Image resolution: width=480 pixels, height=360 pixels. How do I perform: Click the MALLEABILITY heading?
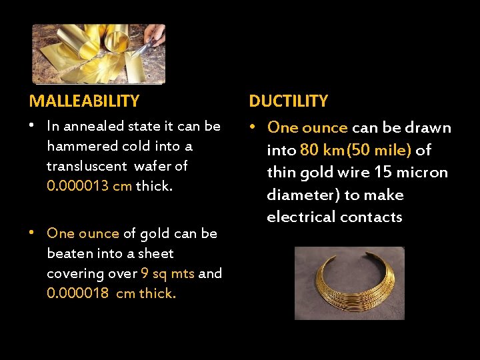click(84, 101)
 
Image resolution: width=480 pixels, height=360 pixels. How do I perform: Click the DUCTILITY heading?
click(288, 101)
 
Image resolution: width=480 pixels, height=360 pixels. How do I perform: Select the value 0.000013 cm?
click(89, 186)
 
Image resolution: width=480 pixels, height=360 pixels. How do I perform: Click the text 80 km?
click(321, 150)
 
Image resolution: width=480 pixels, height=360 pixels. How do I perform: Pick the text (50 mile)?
click(378, 150)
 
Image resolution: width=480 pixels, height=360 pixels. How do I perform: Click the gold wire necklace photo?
click(349, 283)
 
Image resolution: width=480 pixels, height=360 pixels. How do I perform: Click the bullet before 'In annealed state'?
click(33, 125)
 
